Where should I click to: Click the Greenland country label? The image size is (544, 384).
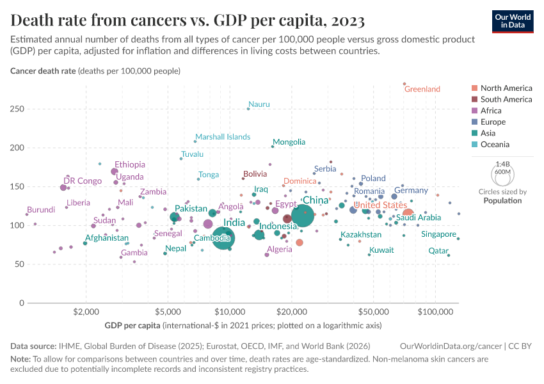[x=422, y=89]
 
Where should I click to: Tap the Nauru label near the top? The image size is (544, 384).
[x=259, y=104]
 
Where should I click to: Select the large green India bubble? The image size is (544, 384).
[x=223, y=238]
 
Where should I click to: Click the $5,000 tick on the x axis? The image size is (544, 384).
[x=168, y=312]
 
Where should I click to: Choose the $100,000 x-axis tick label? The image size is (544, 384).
[x=435, y=312]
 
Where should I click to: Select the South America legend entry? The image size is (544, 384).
[x=506, y=99]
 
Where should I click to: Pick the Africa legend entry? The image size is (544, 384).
[x=491, y=111]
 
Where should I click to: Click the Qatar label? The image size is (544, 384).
[x=438, y=251]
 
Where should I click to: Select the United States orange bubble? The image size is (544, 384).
[x=408, y=213]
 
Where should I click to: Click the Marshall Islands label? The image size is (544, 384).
[x=223, y=137]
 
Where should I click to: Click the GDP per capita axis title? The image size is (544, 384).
[x=132, y=326]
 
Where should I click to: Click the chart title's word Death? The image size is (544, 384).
[x=33, y=20]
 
